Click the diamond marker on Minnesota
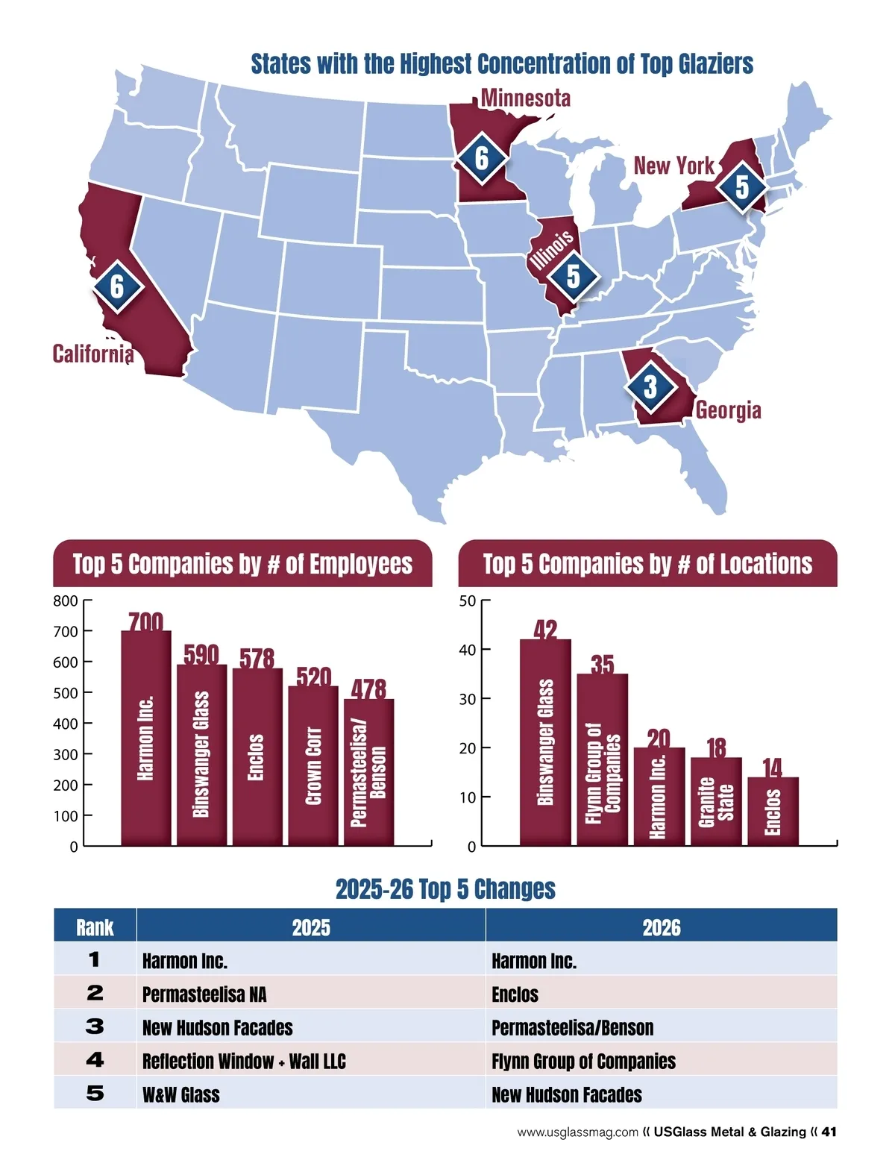point(482,157)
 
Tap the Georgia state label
point(728,410)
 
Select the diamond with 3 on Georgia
point(650,386)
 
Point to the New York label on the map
point(673,166)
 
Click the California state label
point(93,354)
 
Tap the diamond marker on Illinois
point(573,277)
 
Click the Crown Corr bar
point(313,765)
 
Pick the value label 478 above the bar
point(368,689)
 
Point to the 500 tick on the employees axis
point(66,693)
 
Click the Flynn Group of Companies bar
point(603,759)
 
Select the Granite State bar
point(716,801)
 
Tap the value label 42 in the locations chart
point(545,630)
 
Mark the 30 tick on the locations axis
point(467,699)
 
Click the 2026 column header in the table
point(661,927)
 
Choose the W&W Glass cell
point(181,1094)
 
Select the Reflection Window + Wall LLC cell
point(244,1061)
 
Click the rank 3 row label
point(95,1026)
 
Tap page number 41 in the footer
point(829,1132)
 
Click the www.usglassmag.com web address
point(577,1132)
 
